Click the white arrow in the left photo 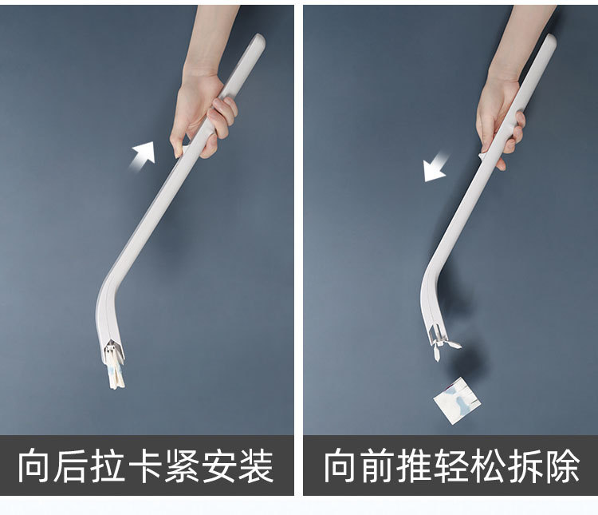(x=144, y=153)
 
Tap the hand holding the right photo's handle (x=499, y=120)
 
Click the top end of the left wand (x=258, y=39)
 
